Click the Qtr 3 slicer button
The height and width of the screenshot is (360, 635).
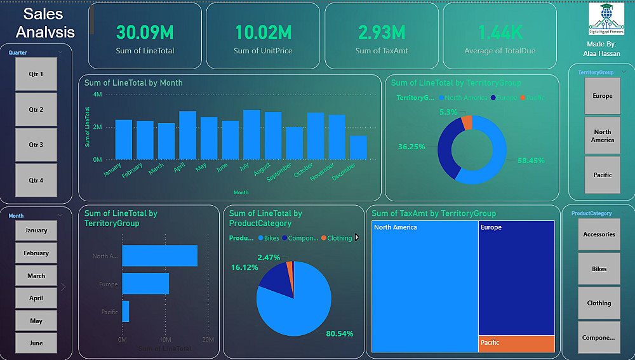[x=36, y=145]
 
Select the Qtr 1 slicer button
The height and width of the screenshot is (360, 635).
[x=36, y=74]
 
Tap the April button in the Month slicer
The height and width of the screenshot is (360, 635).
[x=36, y=298]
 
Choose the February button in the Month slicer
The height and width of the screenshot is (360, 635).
[x=36, y=253]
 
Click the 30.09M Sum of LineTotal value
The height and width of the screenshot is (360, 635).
[x=145, y=32]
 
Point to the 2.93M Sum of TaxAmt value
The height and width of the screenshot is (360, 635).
[x=381, y=32]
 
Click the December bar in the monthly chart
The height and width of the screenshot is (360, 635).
[x=358, y=147]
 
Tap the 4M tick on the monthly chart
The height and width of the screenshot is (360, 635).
[x=97, y=95]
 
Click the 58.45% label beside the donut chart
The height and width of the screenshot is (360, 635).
[x=531, y=161]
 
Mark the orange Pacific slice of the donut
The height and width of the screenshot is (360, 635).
[x=467, y=122]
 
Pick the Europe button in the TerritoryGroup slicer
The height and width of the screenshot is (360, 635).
[x=603, y=96]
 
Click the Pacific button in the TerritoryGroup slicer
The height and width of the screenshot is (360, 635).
[x=603, y=175]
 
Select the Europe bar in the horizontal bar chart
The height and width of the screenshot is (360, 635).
[x=145, y=284]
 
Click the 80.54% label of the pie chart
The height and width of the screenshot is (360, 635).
[x=340, y=333]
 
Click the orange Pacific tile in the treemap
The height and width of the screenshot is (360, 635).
[x=516, y=343]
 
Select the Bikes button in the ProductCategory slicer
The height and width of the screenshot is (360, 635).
[x=599, y=269]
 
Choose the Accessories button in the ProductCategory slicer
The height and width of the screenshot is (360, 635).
[x=599, y=234]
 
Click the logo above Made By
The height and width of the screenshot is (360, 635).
[x=606, y=20]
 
